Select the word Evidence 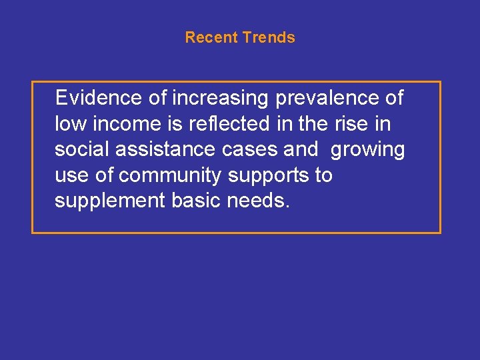99,98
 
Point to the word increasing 220,98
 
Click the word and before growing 301,150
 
